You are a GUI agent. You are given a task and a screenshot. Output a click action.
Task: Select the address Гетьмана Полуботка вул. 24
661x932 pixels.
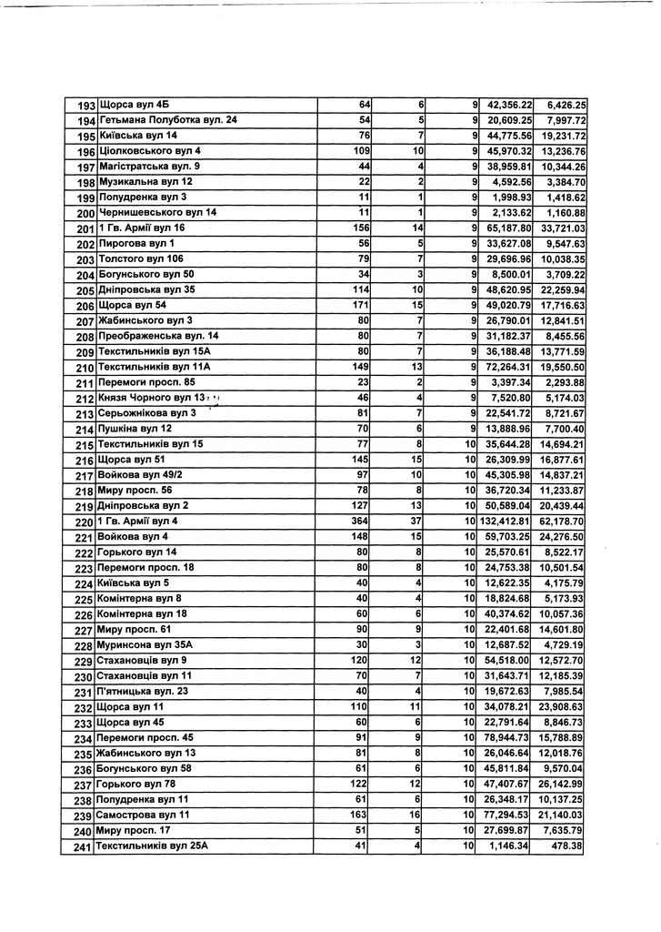[168, 120]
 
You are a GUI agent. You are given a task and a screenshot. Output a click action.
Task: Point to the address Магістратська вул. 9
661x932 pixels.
[149, 167]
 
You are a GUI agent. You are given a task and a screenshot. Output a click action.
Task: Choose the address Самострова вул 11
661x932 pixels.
[144, 815]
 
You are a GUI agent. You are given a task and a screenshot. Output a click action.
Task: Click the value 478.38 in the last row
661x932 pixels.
[566, 846]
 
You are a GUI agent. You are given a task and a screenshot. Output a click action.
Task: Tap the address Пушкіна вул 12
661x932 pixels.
[135, 429]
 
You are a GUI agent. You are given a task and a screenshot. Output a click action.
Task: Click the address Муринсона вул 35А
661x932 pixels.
[146, 645]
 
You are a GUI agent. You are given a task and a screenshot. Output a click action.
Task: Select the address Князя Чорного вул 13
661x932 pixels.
[153, 398]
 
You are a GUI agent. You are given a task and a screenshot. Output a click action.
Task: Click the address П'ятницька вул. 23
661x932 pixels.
[144, 692]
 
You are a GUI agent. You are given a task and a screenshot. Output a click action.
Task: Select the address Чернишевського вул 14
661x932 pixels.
[158, 213]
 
